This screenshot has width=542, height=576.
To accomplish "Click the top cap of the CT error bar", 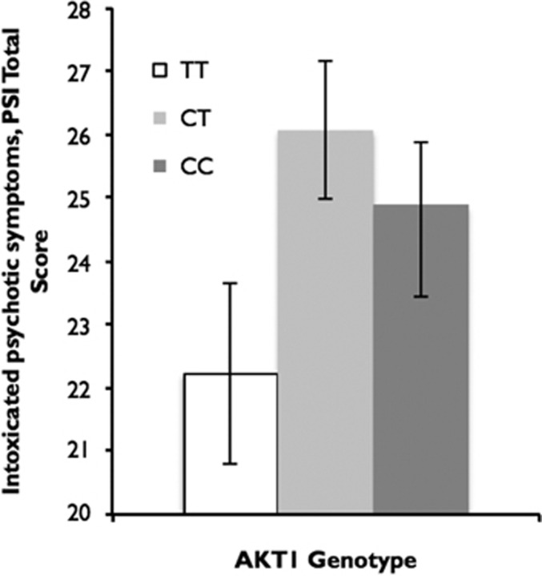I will tap(325, 60).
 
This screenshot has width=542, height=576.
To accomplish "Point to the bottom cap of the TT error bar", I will tap(231, 464).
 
